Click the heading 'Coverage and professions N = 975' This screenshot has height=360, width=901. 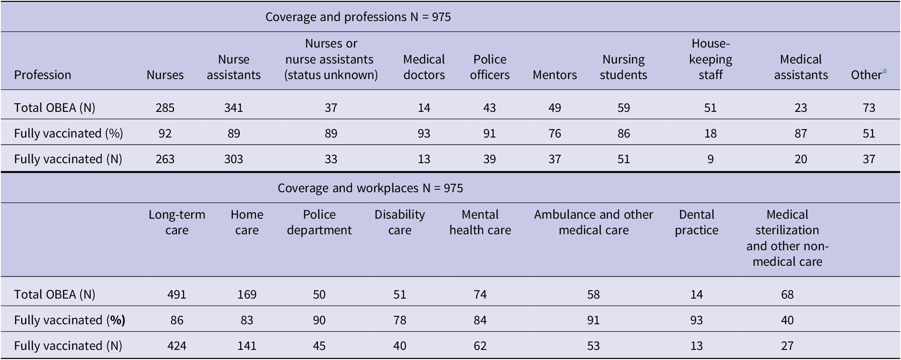(358, 17)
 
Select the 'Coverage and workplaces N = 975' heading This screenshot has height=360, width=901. (370, 188)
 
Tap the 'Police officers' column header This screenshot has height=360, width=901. (490, 67)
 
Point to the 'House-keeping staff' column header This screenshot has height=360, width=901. (710, 59)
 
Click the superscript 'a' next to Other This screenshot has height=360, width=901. (884, 71)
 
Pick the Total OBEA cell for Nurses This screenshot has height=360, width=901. (165, 108)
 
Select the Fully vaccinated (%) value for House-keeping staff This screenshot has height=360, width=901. (710, 133)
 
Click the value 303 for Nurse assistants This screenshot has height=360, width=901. (233, 159)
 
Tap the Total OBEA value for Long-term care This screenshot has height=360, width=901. (177, 294)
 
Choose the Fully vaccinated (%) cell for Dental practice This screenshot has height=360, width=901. (697, 320)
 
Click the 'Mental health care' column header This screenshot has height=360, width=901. (480, 222)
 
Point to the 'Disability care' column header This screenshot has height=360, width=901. (400, 222)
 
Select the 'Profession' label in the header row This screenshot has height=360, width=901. (42, 75)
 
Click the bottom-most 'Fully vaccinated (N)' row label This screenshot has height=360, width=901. (68, 346)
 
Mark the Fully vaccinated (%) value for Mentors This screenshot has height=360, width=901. (554, 133)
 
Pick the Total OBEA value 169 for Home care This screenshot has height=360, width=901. (246, 294)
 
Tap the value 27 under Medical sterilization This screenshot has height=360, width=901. (787, 346)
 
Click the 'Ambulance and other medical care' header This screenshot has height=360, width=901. (594, 222)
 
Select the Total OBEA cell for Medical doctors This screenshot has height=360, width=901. (424, 108)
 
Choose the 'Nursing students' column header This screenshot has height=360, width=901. (623, 67)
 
